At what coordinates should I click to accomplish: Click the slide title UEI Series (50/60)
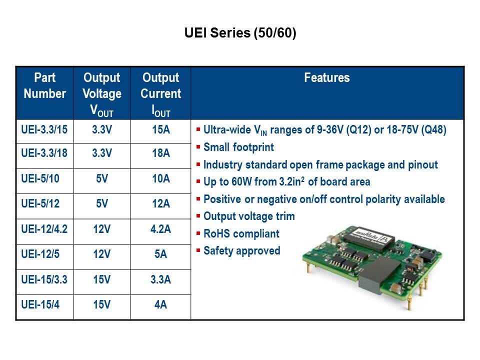tap(240, 33)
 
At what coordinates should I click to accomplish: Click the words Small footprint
tap(239, 147)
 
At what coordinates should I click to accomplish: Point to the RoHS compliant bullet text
tap(241, 234)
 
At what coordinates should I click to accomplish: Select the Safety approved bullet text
tap(242, 251)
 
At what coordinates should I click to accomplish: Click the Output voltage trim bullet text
tap(249, 216)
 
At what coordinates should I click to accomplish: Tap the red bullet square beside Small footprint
tap(198, 147)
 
